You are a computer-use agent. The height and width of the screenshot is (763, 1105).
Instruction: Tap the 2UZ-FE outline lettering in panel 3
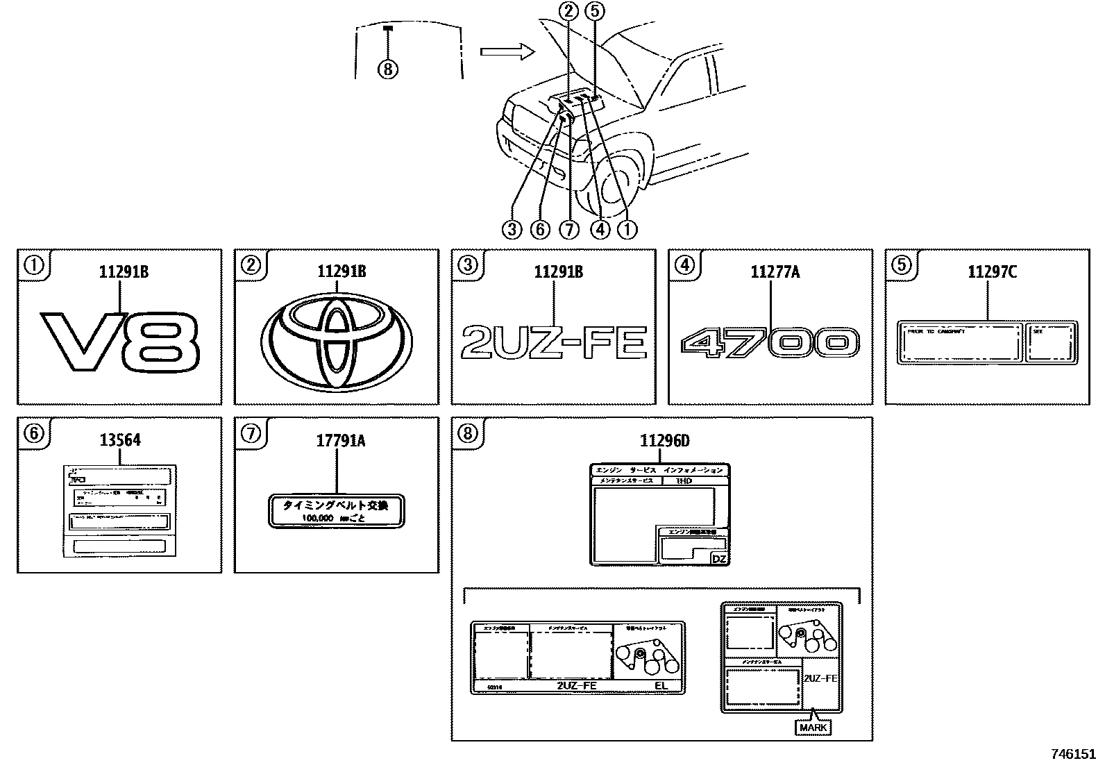[x=554, y=343]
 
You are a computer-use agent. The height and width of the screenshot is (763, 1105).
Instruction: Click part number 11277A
[x=775, y=271]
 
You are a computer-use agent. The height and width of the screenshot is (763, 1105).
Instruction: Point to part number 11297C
[x=992, y=271]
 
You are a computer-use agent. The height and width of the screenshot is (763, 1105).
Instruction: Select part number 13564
[x=120, y=439]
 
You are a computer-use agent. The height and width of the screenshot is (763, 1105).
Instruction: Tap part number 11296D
[x=664, y=439]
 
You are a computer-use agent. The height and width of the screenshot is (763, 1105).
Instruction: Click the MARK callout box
[x=813, y=728]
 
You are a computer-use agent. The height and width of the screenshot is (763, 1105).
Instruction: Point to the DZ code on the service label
[x=719, y=558]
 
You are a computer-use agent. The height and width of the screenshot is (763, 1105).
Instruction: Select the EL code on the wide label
[x=660, y=686]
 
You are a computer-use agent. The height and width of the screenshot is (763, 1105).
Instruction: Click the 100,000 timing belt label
[x=337, y=512]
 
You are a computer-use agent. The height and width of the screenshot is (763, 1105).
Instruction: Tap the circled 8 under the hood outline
[x=388, y=69]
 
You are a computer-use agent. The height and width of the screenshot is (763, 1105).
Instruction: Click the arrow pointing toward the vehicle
[x=507, y=51]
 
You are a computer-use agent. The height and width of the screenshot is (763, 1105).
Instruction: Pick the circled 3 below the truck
[x=512, y=229]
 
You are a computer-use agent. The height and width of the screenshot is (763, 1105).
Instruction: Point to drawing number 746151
[x=1072, y=753]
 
